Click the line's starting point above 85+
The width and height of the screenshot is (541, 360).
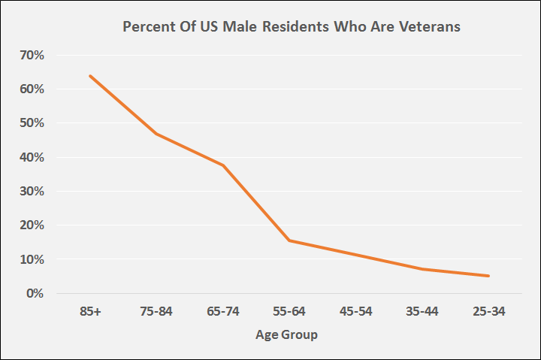pyautogui.click(x=90, y=76)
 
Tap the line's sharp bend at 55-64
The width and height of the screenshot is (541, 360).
pyautogui.click(x=289, y=241)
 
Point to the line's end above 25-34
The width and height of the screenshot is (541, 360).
pyautogui.click(x=489, y=276)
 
